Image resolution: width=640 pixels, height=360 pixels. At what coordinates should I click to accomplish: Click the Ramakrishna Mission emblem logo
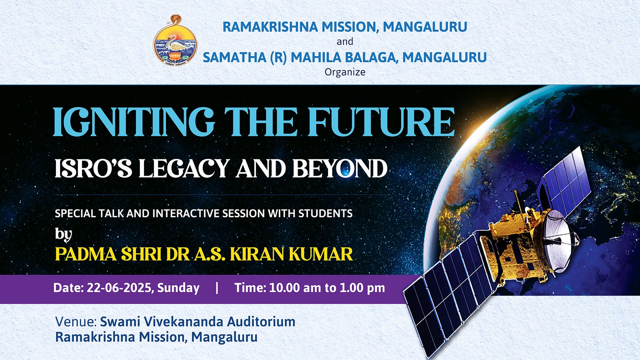(x=175, y=40)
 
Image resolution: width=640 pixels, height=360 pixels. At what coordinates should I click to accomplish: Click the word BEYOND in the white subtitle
(x=340, y=168)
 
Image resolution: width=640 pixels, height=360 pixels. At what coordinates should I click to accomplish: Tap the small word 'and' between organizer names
(x=345, y=42)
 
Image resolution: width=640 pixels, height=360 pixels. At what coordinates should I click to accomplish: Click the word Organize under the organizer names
(x=345, y=72)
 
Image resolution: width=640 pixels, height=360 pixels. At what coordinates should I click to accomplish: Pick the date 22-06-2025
(x=118, y=288)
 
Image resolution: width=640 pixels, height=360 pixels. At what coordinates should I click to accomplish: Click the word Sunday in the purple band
(x=178, y=288)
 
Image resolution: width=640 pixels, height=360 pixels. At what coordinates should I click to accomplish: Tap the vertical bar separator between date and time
(x=217, y=288)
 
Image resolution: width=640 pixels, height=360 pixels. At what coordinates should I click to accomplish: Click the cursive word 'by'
(x=64, y=235)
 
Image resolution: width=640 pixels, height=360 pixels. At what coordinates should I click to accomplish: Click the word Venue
(x=76, y=322)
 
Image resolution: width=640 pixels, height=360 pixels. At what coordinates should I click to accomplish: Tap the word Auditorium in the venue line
(x=261, y=322)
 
